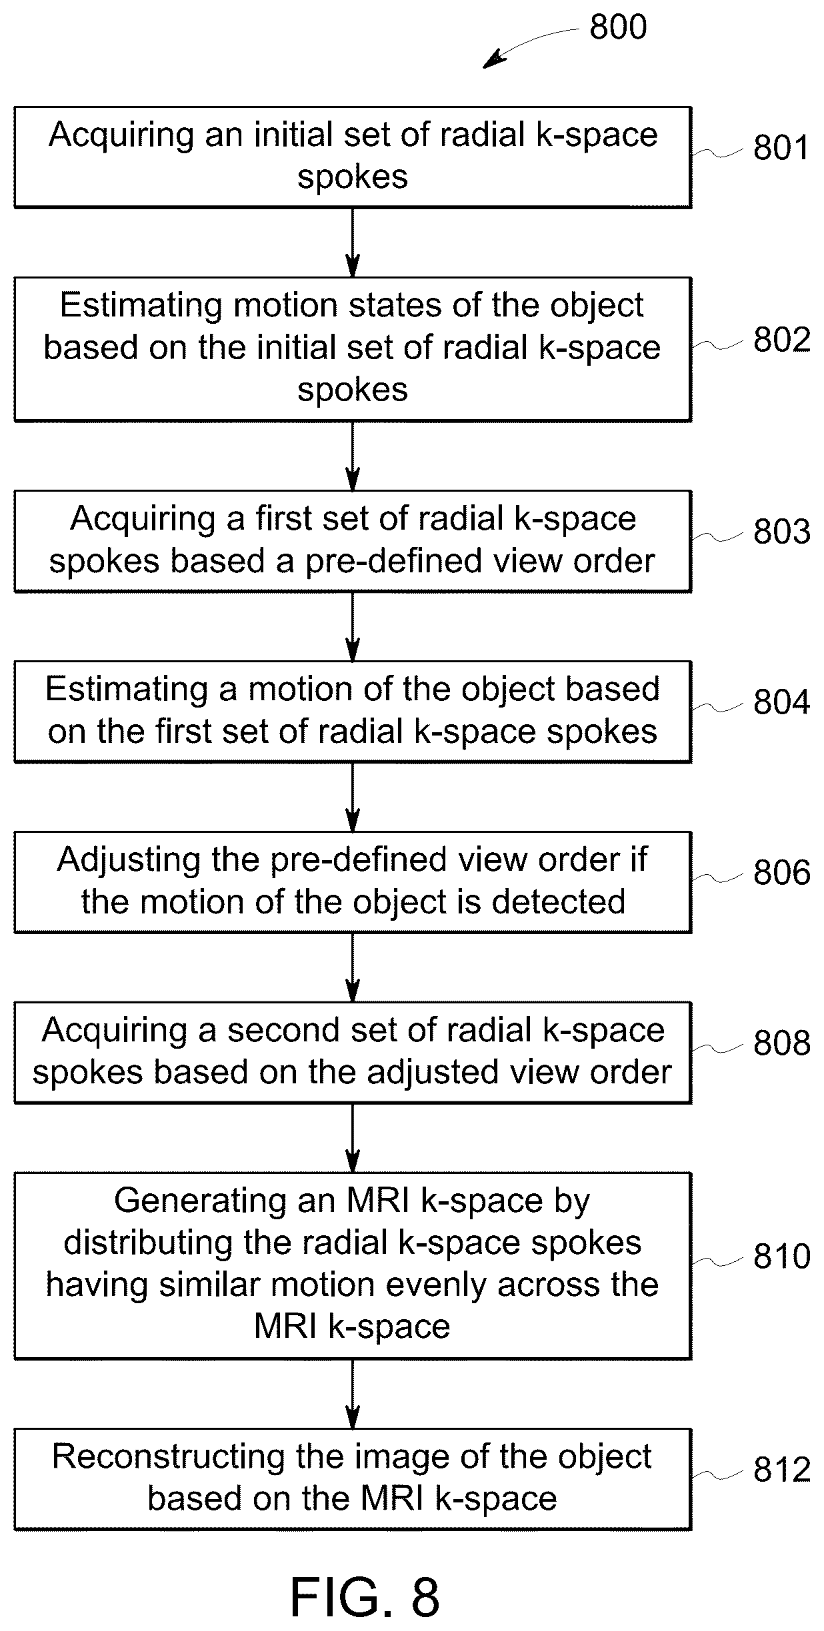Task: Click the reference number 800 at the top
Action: coord(618,27)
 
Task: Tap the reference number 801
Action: coord(781,148)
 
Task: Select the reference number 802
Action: coord(781,340)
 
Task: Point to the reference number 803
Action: coord(781,532)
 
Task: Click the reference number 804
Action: coord(781,702)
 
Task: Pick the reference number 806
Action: coord(781,873)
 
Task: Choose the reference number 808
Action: coord(781,1043)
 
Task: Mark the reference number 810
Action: coord(781,1257)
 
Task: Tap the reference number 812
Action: coord(781,1470)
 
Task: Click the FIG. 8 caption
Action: coord(365,1597)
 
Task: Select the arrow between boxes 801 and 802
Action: coord(353,242)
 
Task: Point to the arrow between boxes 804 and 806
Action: coord(353,797)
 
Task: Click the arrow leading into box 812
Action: coord(353,1394)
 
